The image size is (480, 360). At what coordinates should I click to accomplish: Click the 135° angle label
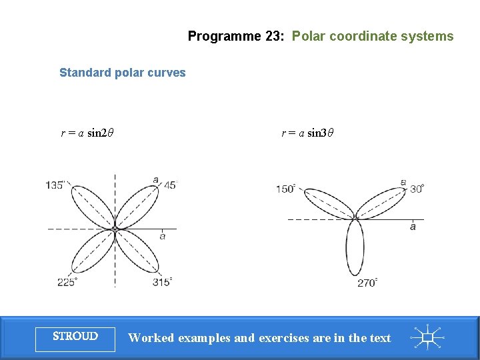(x=55, y=185)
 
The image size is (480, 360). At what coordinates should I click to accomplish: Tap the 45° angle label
(x=169, y=185)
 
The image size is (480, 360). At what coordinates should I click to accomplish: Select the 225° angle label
(x=67, y=282)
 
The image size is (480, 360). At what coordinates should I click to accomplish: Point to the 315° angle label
(x=162, y=282)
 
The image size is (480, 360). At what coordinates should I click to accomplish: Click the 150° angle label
(x=286, y=189)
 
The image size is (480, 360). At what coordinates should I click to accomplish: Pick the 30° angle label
(x=417, y=189)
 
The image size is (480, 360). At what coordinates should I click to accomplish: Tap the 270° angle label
(x=367, y=283)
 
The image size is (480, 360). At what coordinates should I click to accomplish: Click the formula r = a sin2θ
(x=87, y=133)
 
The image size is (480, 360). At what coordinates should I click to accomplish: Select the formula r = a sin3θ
(x=307, y=133)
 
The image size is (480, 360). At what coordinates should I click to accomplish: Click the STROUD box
(x=75, y=337)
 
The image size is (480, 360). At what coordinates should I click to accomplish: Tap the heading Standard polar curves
(x=123, y=73)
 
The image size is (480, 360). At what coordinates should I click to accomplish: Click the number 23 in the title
(x=274, y=37)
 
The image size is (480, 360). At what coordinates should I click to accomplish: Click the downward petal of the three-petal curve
(x=355, y=248)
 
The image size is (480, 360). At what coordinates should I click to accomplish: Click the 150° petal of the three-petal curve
(x=327, y=203)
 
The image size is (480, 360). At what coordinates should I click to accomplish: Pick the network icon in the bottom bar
(x=427, y=337)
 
